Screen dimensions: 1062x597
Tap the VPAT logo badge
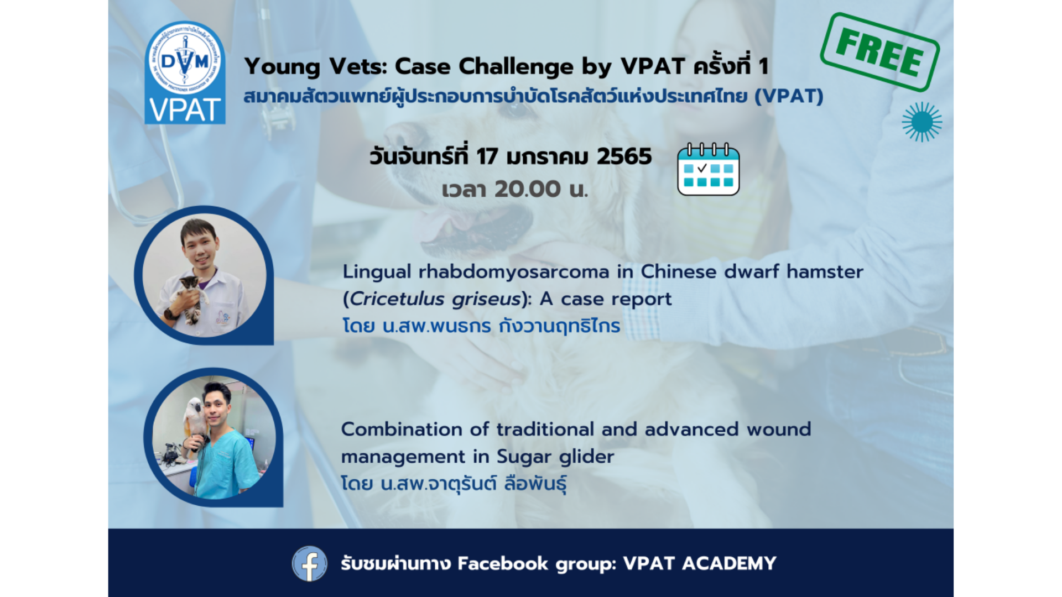coord(185,72)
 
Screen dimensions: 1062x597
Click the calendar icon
coord(709,169)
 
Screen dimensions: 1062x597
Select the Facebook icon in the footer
coord(309,563)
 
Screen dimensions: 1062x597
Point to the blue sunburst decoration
coord(922,122)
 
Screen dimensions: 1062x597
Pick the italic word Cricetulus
coord(397,299)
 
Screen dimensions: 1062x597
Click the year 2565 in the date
coord(624,156)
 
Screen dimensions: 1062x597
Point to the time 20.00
coord(528,189)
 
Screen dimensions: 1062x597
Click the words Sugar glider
coord(555,457)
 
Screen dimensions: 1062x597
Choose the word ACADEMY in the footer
coord(729,563)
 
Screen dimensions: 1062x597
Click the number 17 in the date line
coord(487,156)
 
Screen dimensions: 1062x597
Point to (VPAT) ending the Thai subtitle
coord(789,96)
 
